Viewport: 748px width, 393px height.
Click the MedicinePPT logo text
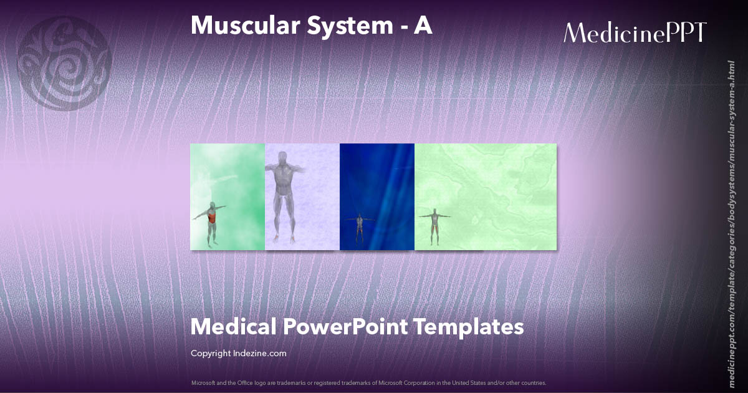635,33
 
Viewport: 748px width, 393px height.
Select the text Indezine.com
261,354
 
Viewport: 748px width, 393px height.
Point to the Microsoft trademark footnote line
368,382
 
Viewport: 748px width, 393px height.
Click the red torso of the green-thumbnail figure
212,218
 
